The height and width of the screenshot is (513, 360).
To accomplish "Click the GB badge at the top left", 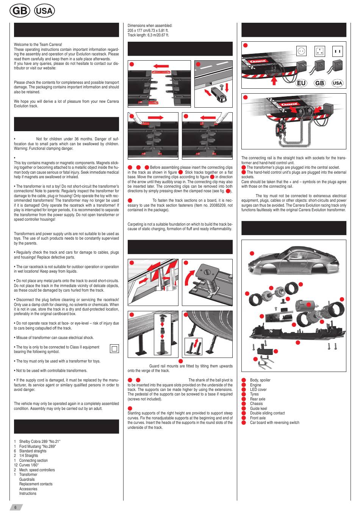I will point(20,11).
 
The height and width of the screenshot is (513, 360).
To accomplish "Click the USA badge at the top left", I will point(44,11).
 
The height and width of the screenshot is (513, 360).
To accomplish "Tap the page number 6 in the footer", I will point(16,507).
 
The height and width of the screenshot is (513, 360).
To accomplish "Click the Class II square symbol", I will point(114,349).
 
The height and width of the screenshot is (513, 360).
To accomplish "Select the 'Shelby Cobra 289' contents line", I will point(39,442).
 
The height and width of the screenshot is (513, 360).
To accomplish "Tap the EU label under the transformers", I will point(302,83).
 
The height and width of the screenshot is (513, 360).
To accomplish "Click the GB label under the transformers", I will point(320,83).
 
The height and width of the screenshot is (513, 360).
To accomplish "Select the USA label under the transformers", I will point(337,83).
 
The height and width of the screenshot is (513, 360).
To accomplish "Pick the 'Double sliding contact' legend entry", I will point(267,413).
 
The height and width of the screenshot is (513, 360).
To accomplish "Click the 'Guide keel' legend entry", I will point(258,408).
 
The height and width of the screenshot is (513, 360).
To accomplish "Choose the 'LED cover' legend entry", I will point(258,389).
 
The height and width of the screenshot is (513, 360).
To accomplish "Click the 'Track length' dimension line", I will point(148,35).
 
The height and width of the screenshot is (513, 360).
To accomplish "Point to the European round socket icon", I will point(302,51).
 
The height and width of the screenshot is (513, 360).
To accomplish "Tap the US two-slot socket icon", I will point(337,51).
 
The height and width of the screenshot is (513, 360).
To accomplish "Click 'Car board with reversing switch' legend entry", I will point(274,423).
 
